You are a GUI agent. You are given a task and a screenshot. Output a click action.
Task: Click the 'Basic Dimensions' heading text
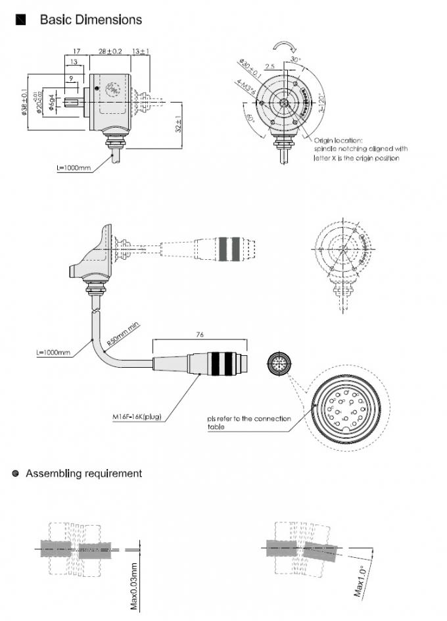[91, 20]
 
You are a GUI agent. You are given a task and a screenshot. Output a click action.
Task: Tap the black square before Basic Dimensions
[20, 20]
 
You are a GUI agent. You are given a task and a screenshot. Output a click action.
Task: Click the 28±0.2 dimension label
[110, 51]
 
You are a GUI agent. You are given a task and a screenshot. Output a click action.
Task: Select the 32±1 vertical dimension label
[178, 124]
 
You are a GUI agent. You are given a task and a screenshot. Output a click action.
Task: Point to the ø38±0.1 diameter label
[24, 102]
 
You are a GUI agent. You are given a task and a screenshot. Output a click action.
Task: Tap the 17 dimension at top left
[76, 51]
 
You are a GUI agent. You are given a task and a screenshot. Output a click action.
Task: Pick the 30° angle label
[295, 59]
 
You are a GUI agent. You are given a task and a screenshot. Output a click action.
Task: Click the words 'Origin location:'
[337, 140]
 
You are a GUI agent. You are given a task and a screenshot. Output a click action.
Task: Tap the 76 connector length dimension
[200, 334]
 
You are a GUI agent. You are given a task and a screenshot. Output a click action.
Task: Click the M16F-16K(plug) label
[137, 416]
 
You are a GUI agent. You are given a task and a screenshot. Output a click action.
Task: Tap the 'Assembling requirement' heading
[83, 473]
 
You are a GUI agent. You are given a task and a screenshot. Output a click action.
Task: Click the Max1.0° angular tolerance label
[361, 580]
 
